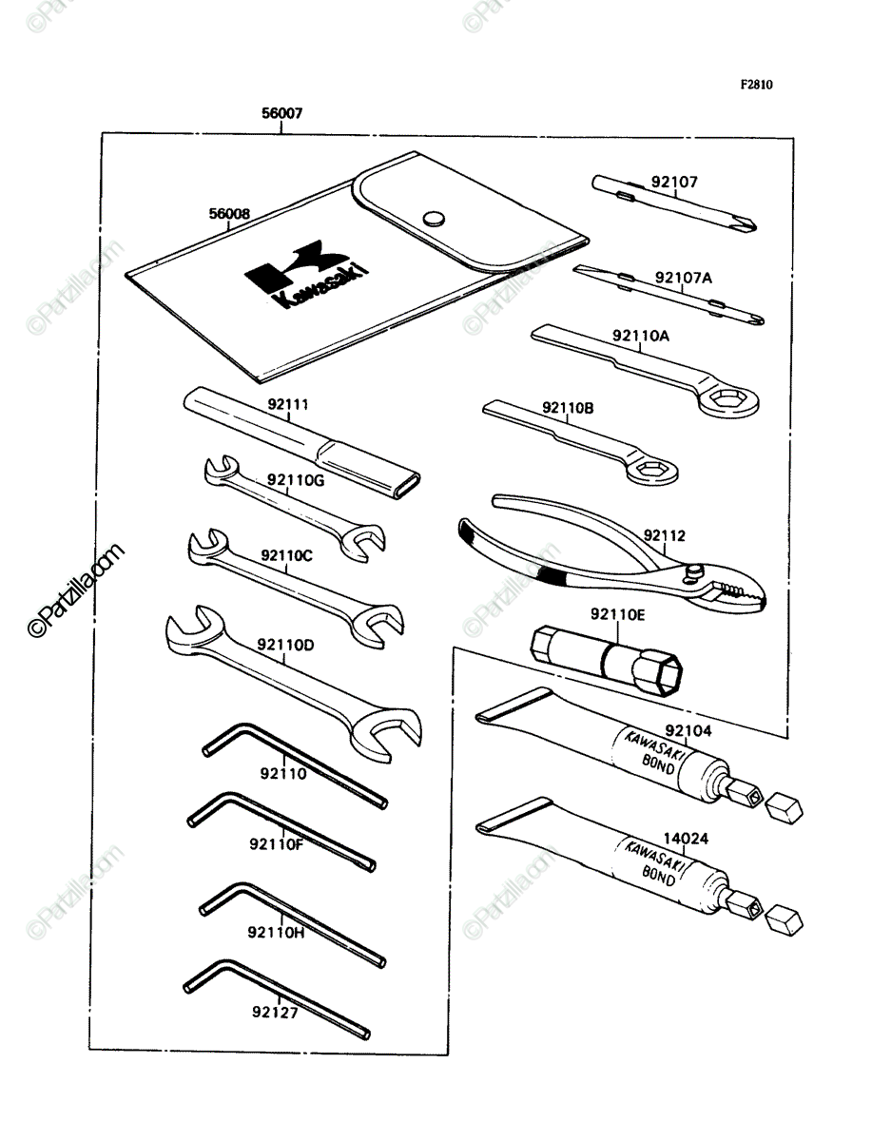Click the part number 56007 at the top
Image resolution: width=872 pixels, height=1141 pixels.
(x=281, y=113)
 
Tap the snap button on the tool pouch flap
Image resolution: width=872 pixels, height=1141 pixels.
(x=434, y=219)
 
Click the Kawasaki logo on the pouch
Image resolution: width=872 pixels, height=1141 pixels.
(x=306, y=274)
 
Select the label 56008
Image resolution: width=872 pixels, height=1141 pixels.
(x=229, y=213)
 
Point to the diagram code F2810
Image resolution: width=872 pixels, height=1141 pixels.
(x=756, y=85)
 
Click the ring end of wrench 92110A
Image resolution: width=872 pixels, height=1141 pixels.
(x=728, y=399)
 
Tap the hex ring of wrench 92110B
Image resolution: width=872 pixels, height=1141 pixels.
(x=652, y=471)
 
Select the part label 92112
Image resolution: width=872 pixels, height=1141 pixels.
(x=664, y=535)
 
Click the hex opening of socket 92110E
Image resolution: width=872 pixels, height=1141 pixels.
(x=669, y=674)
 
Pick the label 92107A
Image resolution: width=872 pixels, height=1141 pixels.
(x=684, y=278)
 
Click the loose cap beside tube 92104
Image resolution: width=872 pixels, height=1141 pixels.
(x=785, y=808)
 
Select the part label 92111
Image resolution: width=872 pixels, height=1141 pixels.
(x=288, y=404)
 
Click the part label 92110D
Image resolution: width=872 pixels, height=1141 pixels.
(x=285, y=645)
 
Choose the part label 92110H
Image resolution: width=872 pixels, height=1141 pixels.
(x=276, y=933)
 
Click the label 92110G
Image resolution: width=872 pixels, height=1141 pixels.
(x=296, y=480)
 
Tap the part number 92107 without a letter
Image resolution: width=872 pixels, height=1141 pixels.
(x=674, y=182)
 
